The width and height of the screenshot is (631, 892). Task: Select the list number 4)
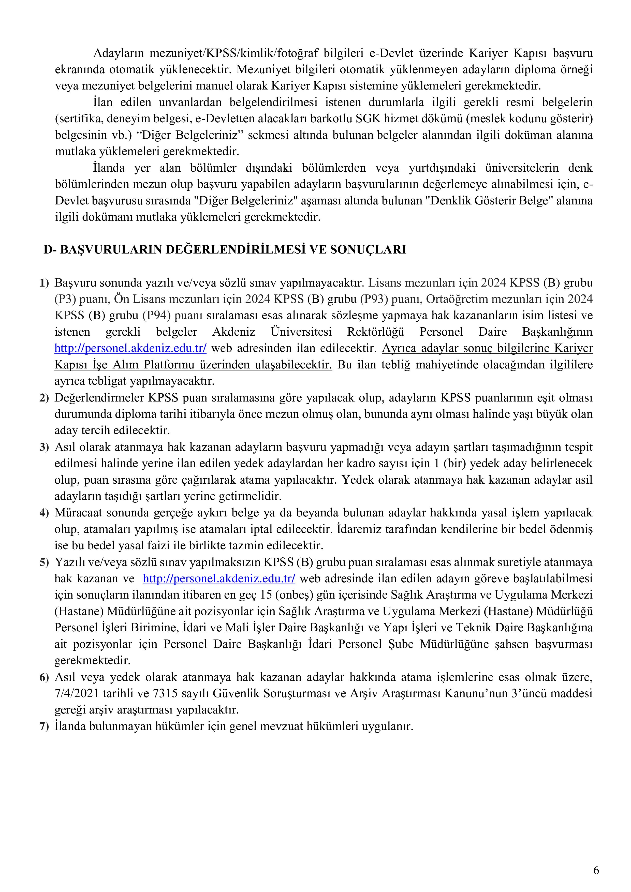44,513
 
